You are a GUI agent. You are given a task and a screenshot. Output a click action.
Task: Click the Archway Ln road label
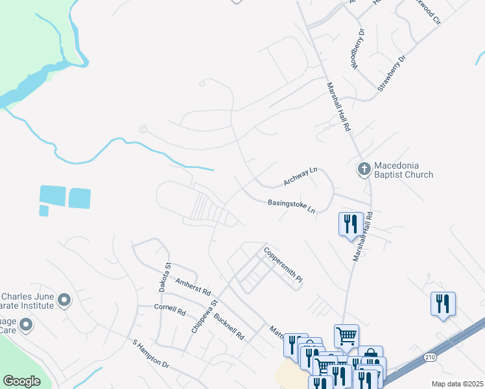(x=300, y=175)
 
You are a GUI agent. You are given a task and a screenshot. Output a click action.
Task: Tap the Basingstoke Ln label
(x=291, y=206)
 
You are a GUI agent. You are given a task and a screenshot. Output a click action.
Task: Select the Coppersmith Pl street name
(x=283, y=263)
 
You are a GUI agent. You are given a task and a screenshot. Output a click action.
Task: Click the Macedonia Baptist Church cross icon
(x=364, y=169)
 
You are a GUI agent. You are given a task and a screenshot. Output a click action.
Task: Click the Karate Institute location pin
(x=64, y=300)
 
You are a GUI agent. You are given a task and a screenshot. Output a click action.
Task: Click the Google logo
(x=21, y=381)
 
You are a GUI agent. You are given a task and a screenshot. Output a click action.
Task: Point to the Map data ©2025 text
(x=457, y=384)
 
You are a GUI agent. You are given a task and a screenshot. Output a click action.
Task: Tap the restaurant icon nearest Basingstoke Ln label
(x=351, y=224)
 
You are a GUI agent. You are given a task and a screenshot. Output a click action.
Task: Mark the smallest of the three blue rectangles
(x=44, y=211)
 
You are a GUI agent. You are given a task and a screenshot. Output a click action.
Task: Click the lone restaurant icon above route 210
(x=443, y=303)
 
